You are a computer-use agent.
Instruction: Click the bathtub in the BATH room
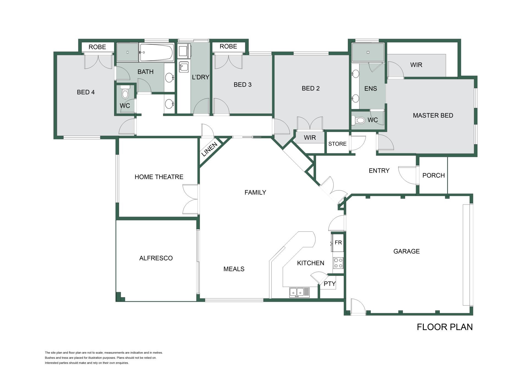click(x=157, y=52)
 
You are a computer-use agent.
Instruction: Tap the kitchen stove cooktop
click(x=338, y=263)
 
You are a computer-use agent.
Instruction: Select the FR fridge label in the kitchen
click(x=338, y=242)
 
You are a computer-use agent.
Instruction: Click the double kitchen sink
click(x=299, y=292)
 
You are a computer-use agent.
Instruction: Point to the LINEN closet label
click(x=210, y=149)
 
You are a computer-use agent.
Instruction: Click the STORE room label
click(x=337, y=144)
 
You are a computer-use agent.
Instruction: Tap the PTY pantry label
click(x=329, y=284)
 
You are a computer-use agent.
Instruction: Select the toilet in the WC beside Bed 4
click(x=125, y=92)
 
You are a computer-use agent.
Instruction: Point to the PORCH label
click(x=433, y=175)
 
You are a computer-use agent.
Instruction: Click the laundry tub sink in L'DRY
click(x=184, y=67)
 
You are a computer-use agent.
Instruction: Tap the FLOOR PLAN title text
click(x=445, y=327)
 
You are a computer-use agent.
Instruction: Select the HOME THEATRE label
click(x=159, y=177)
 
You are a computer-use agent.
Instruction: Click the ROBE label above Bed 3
click(x=228, y=46)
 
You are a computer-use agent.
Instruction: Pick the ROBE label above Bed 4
click(x=97, y=47)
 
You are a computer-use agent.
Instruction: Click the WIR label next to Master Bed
click(x=416, y=65)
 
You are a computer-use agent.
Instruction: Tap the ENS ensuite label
click(x=370, y=89)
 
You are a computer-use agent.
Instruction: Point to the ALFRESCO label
click(x=156, y=258)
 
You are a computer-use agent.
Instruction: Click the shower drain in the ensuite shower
click(x=368, y=52)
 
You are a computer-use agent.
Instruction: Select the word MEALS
click(x=234, y=269)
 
